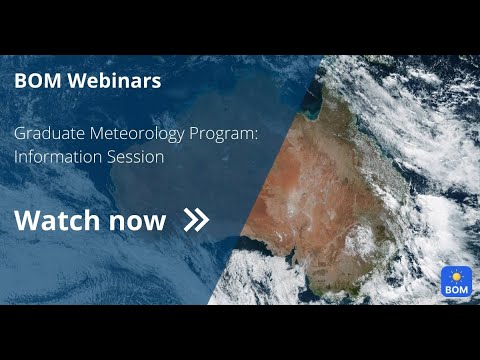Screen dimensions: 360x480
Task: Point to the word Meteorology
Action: coord(127,134)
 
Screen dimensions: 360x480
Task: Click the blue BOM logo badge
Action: coord(456,281)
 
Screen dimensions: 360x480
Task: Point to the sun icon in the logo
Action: coord(456,274)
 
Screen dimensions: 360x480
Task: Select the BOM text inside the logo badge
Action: coord(456,289)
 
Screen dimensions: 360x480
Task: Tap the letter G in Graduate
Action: coord(20,134)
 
